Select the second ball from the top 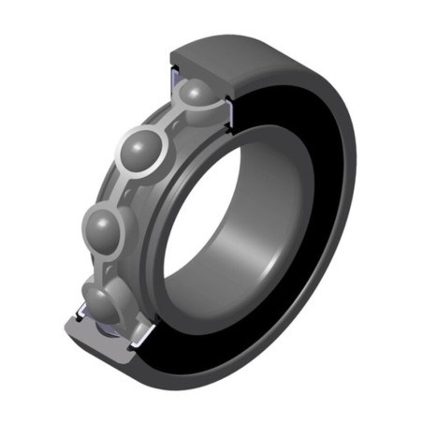point(141,150)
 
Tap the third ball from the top point(105,226)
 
